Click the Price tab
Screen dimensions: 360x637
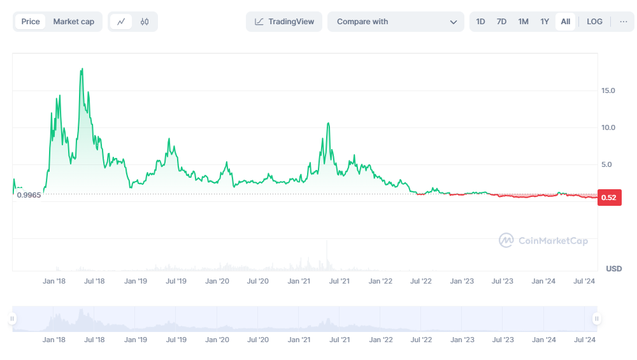(x=31, y=22)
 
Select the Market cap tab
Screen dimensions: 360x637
(x=73, y=22)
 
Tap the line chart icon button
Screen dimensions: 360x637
(x=121, y=22)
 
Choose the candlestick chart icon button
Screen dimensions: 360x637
(x=145, y=22)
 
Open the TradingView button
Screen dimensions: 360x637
(x=284, y=22)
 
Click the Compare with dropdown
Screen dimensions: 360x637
(x=396, y=22)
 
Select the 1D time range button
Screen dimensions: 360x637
(x=480, y=22)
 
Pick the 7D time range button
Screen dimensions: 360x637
(x=501, y=22)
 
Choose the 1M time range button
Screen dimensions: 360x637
(x=523, y=22)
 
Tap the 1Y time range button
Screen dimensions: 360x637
(x=545, y=22)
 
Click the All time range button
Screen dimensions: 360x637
(x=566, y=22)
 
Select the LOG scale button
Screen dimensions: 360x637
(x=594, y=22)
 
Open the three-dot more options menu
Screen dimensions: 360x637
(x=622, y=22)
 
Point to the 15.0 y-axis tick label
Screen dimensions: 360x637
(x=608, y=90)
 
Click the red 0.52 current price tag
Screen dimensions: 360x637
(x=609, y=198)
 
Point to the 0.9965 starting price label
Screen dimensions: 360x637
(x=29, y=195)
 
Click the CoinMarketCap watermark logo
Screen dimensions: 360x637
(x=543, y=240)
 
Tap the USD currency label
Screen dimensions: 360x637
(x=613, y=268)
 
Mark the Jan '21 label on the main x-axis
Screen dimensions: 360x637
(x=299, y=281)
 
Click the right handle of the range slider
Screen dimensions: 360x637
(x=596, y=319)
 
